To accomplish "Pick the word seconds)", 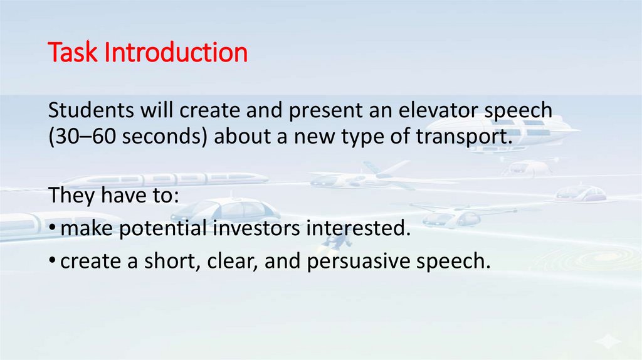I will [162, 137].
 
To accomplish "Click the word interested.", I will [358, 229].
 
